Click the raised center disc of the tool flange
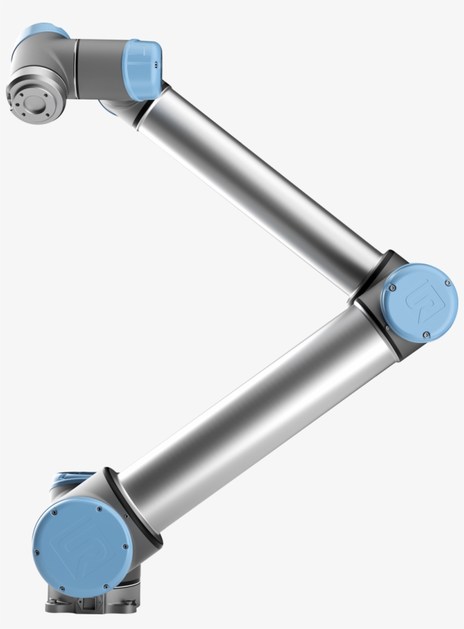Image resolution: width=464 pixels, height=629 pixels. point(36,104)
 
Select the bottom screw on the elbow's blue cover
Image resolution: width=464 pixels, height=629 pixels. point(424,336)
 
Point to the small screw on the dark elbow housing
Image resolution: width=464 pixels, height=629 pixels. point(387,327)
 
